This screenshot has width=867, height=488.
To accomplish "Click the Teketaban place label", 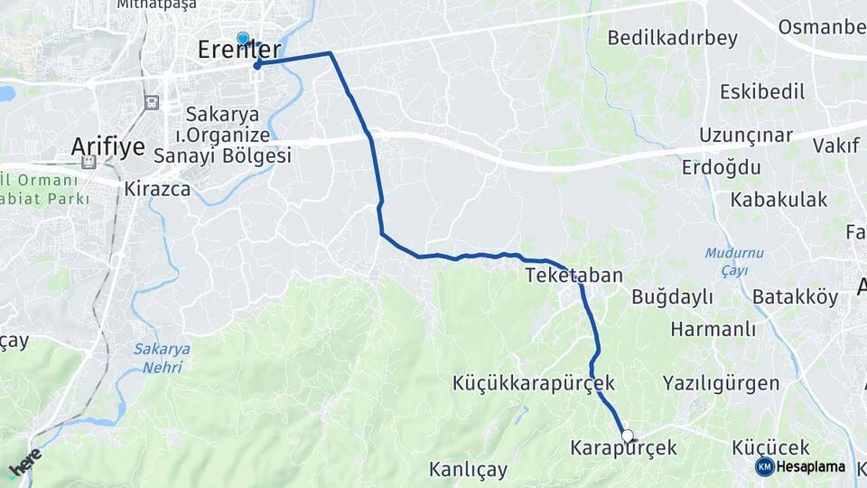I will (573, 275).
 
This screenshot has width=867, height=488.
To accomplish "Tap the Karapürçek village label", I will (623, 447).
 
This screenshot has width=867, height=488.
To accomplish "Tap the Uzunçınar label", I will (745, 136).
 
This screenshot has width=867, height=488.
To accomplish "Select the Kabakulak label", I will (779, 200).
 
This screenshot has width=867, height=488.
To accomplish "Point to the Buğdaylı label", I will (672, 296).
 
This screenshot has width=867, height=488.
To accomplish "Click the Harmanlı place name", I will (713, 328).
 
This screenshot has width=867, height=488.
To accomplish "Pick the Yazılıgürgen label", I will (721, 383).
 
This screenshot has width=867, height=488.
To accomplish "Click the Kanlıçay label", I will (468, 470).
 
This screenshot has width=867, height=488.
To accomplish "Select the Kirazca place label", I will (157, 189).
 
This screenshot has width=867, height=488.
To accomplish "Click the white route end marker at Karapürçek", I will (628, 436).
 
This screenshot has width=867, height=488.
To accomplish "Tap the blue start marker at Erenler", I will (243, 38).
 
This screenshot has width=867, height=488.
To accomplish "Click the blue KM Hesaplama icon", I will (764, 466).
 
